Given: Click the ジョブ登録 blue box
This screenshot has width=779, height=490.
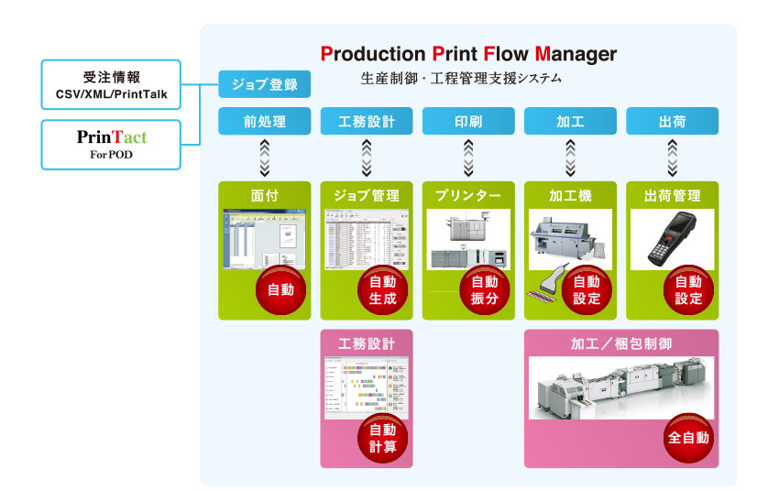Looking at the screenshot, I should click(x=265, y=85).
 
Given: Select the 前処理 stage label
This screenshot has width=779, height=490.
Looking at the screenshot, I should click(x=265, y=121).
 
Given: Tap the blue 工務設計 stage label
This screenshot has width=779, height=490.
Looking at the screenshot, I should click(x=367, y=121).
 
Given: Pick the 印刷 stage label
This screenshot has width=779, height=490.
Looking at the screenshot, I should click(x=468, y=121).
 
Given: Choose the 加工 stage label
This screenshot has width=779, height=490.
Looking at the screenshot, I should click(x=570, y=121).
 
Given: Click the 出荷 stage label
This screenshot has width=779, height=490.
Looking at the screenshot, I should click(x=672, y=121).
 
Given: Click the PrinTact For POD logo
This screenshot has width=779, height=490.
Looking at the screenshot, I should click(x=112, y=144).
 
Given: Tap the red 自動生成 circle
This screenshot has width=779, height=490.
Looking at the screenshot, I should click(x=382, y=290).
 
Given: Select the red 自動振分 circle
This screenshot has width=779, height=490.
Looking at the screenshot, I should click(x=484, y=290).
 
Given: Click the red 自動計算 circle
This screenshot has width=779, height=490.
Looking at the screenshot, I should click(x=382, y=438).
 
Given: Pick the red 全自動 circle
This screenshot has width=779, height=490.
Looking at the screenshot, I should click(x=688, y=438).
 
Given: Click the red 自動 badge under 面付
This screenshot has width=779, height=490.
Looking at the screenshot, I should click(x=280, y=290).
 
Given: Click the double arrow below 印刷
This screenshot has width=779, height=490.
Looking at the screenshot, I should click(x=468, y=158).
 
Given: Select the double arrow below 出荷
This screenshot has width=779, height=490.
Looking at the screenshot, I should click(x=672, y=158).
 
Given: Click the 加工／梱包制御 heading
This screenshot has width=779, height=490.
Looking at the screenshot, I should click(x=620, y=344).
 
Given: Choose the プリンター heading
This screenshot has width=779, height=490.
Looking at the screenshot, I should click(x=468, y=196).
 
